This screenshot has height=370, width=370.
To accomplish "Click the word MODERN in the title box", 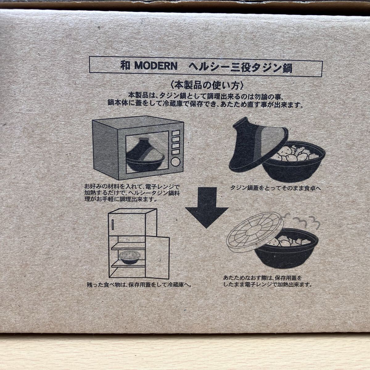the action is [x=156, y=66].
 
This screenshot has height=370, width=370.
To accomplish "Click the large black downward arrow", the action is [x=207, y=208].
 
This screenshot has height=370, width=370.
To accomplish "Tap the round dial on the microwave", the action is [x=175, y=162].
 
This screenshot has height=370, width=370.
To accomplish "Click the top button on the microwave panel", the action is [x=176, y=133].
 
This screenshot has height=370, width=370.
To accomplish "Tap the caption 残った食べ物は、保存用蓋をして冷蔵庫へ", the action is [x=139, y=284].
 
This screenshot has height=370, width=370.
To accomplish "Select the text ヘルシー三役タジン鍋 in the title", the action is [x=240, y=67].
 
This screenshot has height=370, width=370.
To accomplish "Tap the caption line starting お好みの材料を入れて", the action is [x=132, y=187].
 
